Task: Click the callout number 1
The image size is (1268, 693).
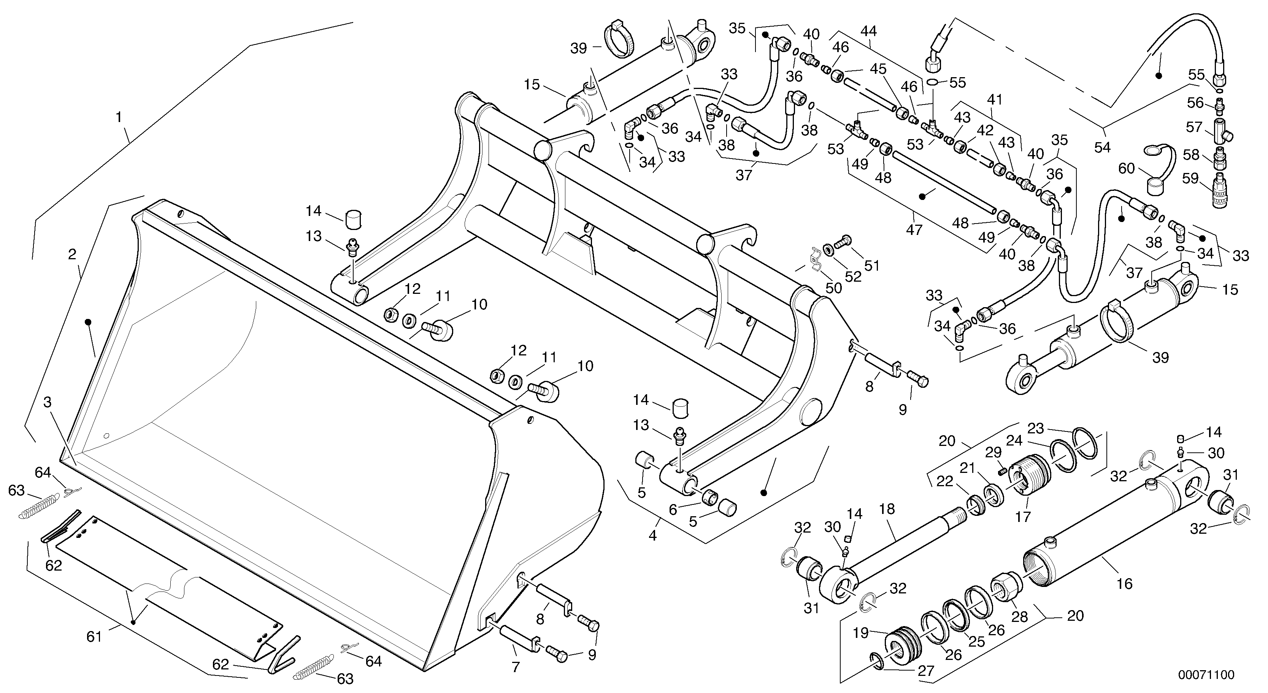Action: pos(118,117)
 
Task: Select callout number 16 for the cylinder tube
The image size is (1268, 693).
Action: pos(1125,584)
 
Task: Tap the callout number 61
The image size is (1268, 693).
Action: pos(94,637)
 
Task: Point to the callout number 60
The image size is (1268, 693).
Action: pos(1126,169)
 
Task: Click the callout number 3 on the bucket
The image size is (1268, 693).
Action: pos(47,402)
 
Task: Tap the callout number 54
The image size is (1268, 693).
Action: pos(1102,147)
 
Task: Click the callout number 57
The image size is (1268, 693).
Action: pos(1194,127)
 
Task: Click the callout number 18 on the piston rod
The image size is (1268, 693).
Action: pos(887,509)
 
